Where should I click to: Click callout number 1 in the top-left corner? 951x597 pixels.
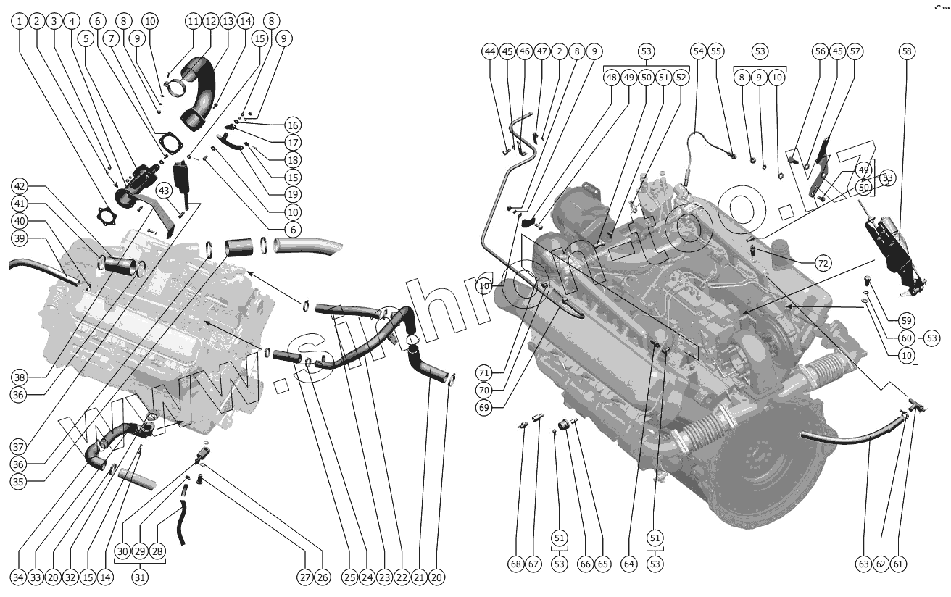(x=19, y=21)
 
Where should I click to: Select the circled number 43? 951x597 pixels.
(x=164, y=191)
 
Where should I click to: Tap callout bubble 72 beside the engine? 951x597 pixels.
(x=823, y=263)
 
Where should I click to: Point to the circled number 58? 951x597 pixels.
(x=907, y=51)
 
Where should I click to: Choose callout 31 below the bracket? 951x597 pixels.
(x=140, y=577)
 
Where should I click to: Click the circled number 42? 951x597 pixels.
(x=20, y=186)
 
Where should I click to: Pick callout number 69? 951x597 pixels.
(x=484, y=408)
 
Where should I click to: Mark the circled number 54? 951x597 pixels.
(x=699, y=51)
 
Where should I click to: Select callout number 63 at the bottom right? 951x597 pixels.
(x=863, y=564)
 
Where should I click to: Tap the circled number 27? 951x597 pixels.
(x=305, y=577)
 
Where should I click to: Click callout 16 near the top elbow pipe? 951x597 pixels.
(x=293, y=125)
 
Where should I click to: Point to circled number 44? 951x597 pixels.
(x=490, y=51)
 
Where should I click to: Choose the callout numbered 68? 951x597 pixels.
(x=516, y=564)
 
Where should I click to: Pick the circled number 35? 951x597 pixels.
(x=18, y=482)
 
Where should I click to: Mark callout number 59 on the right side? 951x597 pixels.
(x=906, y=321)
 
